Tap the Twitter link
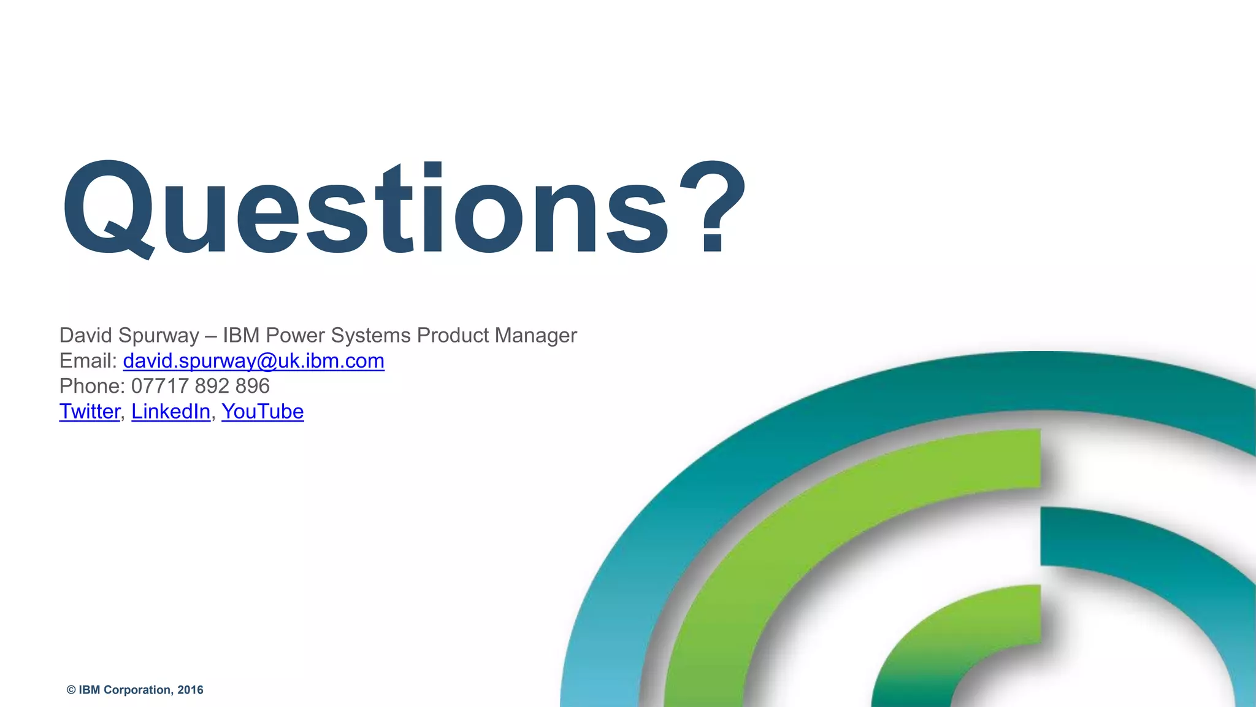coord(90,411)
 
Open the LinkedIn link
coord(170,411)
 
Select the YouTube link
coord(262,411)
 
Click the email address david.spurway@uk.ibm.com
coord(253,361)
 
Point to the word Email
coord(86,361)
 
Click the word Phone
coord(91,386)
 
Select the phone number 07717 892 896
coord(201,386)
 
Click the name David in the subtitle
coord(85,336)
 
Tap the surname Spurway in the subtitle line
coord(159,336)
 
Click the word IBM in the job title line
coord(241,336)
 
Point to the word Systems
coord(370,336)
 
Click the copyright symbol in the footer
coord(71,690)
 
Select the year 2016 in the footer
coord(190,690)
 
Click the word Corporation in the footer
coord(137,690)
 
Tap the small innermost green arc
coord(957,638)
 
